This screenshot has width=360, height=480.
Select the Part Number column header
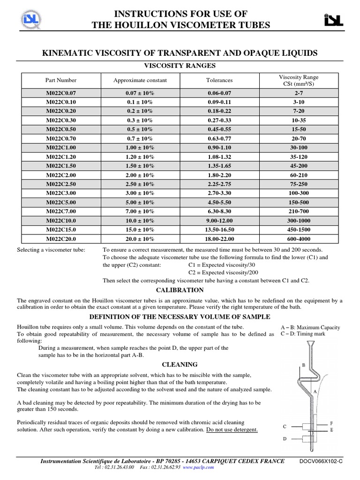click(x=60, y=80)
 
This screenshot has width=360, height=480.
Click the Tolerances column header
click(x=219, y=80)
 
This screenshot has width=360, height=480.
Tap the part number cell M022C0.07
click(x=60, y=93)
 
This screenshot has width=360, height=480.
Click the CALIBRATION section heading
click(x=180, y=290)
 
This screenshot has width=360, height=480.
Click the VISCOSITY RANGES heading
click(x=180, y=66)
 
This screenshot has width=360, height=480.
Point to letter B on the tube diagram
click(x=303, y=365)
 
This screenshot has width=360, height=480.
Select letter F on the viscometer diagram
click(x=331, y=423)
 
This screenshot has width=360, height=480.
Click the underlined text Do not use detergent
click(x=232, y=430)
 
